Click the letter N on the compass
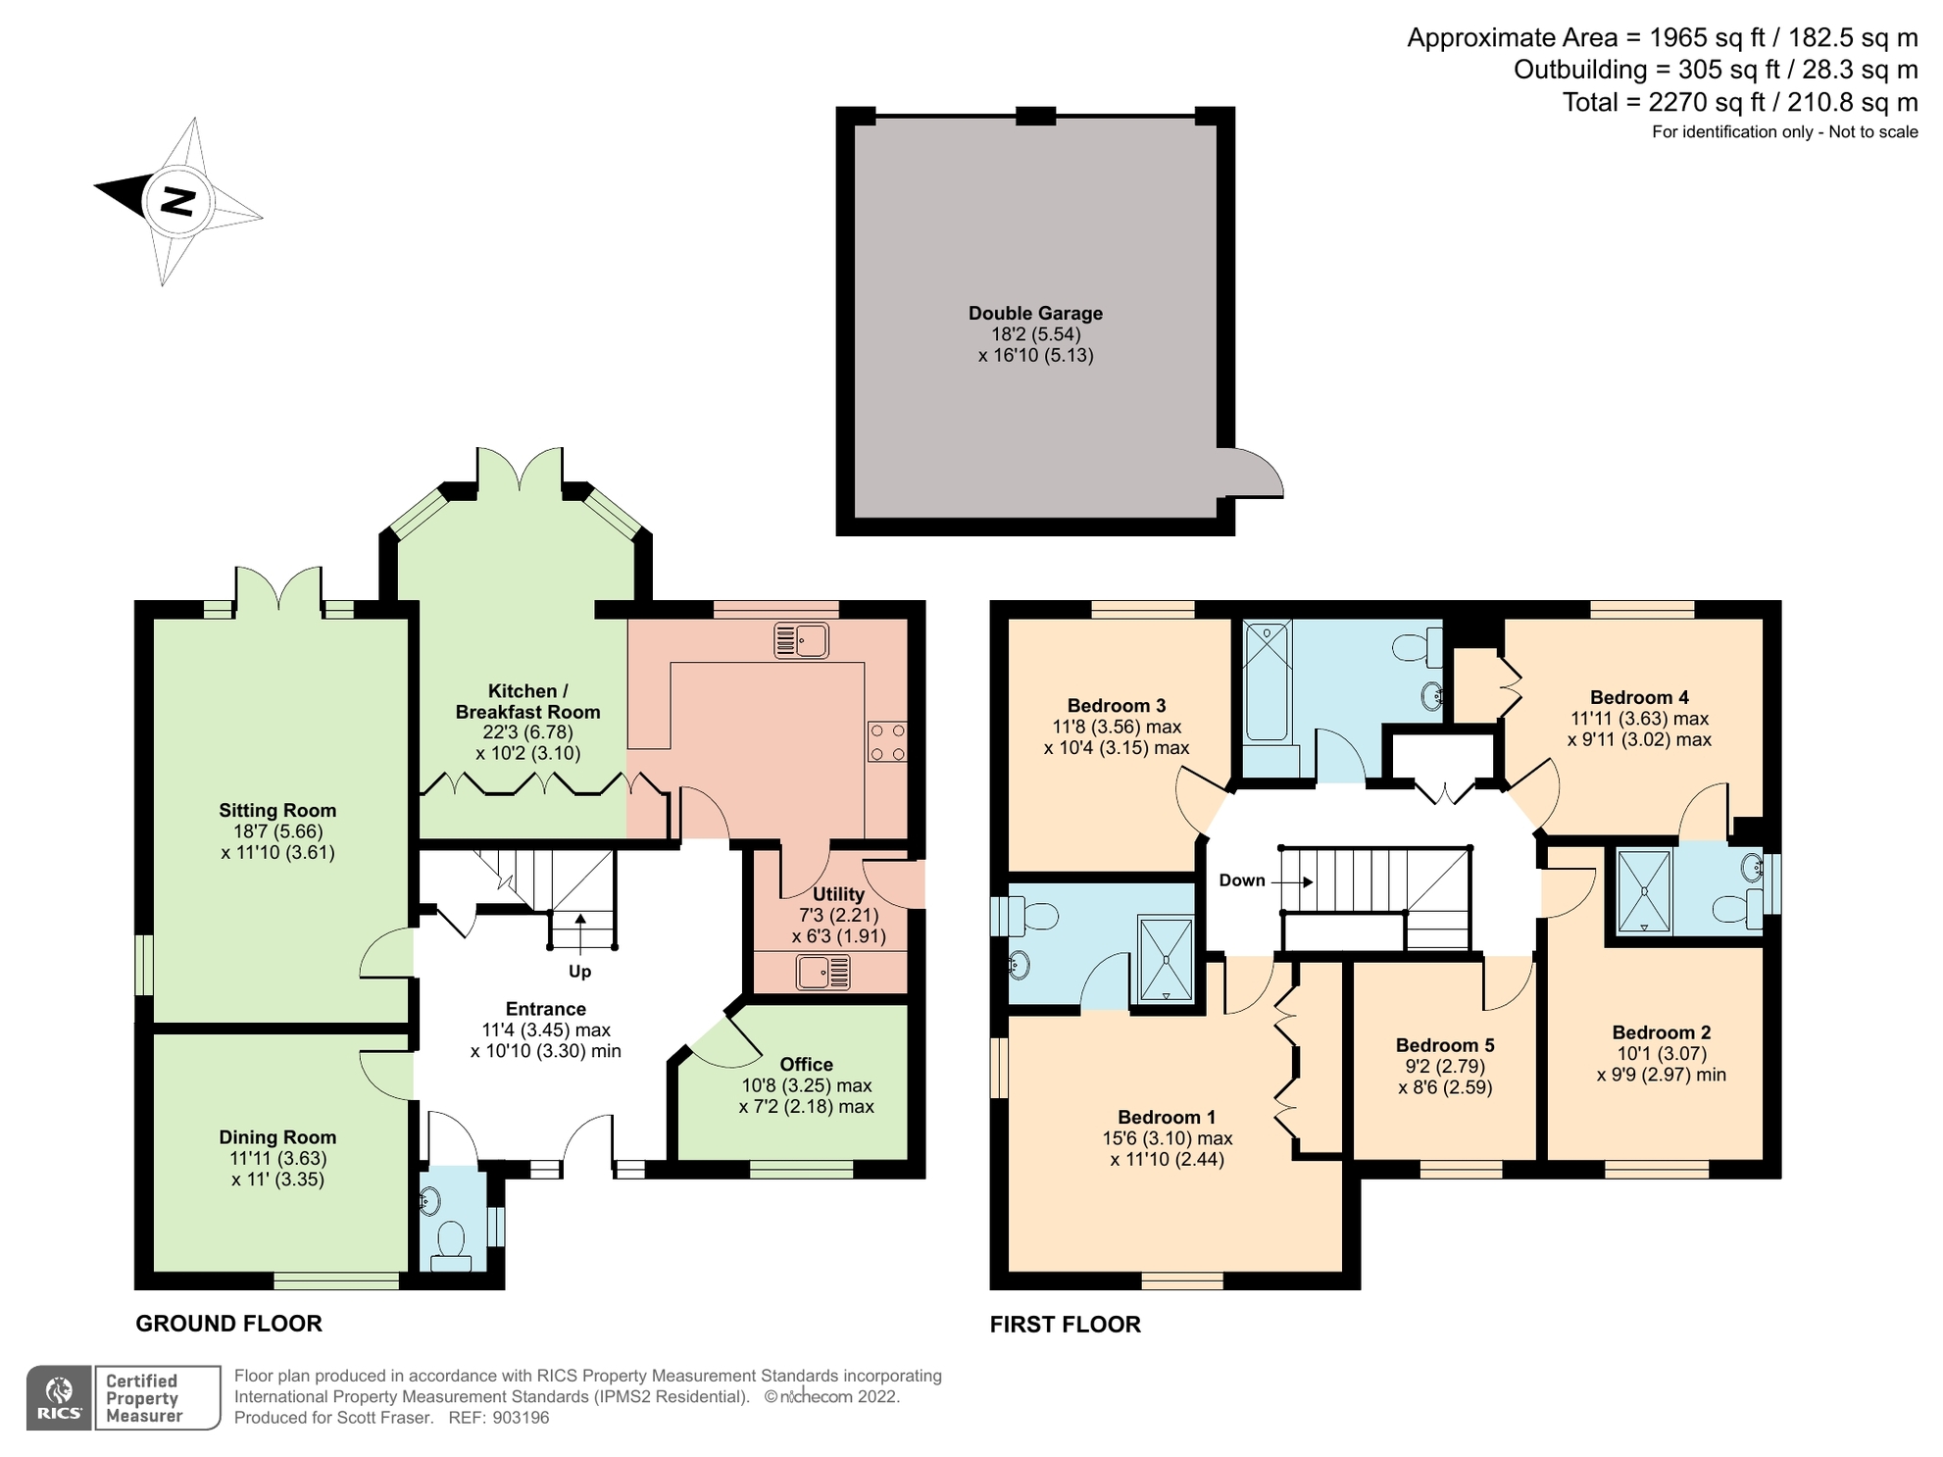[x=177, y=201]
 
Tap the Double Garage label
[x=1035, y=313]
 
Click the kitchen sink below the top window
[x=801, y=640]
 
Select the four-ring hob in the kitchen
[x=886, y=742]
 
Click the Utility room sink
[x=823, y=972]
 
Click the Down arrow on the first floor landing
[x=1292, y=881]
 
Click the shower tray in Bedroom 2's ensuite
[x=1644, y=890]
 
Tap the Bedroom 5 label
[x=1445, y=1045]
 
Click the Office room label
[x=806, y=1064]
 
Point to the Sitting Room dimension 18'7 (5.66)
[x=277, y=831]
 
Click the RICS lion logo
[x=60, y=1397]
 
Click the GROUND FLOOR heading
[x=228, y=1324]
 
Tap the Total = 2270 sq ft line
[x=1739, y=102]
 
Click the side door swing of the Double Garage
[x=1256, y=474]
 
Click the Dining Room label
[x=277, y=1137]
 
